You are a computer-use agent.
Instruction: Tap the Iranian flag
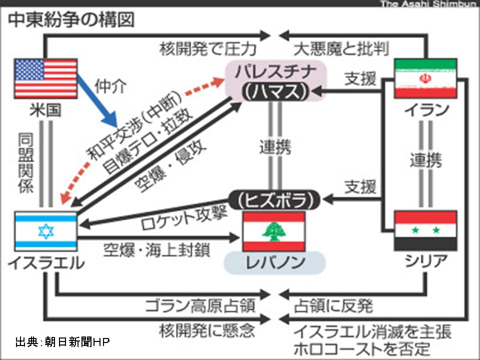point(425,78)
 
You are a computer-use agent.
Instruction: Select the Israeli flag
point(45,231)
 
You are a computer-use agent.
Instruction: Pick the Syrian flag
point(425,230)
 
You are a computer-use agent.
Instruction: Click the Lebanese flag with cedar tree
point(273,231)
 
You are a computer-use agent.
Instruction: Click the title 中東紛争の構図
point(70,20)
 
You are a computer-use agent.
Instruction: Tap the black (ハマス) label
point(273,91)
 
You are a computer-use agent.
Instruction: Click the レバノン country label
point(274,262)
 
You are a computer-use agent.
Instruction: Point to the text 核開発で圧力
point(208,49)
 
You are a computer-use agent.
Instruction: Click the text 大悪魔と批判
point(341,49)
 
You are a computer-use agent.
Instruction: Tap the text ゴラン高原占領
point(200,305)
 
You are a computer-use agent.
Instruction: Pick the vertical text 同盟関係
point(25,163)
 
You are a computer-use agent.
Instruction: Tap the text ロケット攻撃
point(184,216)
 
